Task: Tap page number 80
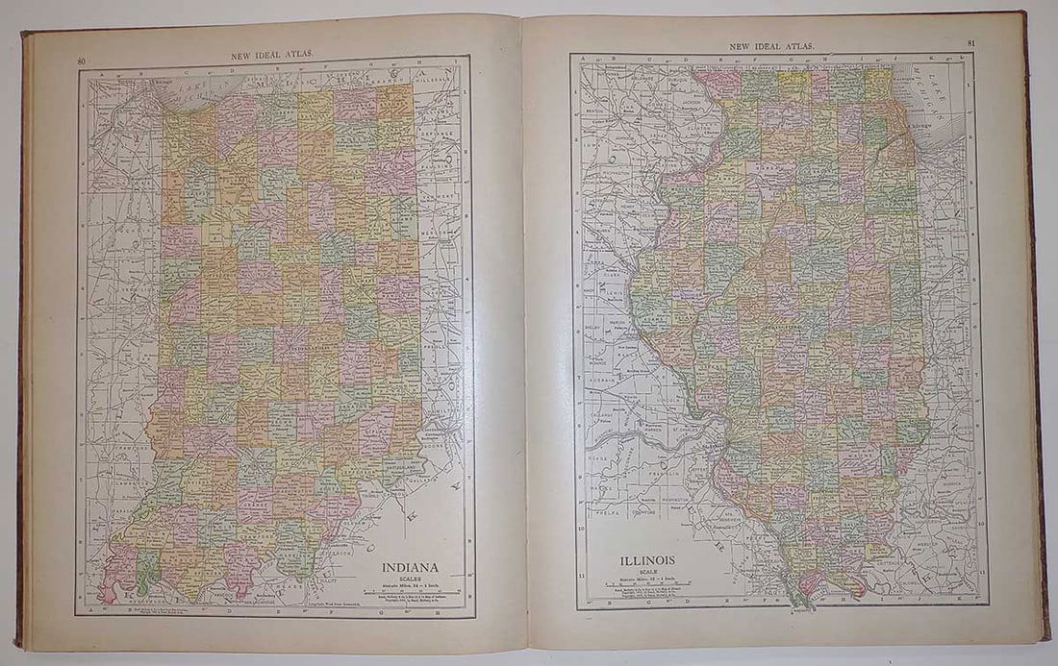coord(82,62)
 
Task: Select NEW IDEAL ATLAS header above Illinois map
coord(772,45)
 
